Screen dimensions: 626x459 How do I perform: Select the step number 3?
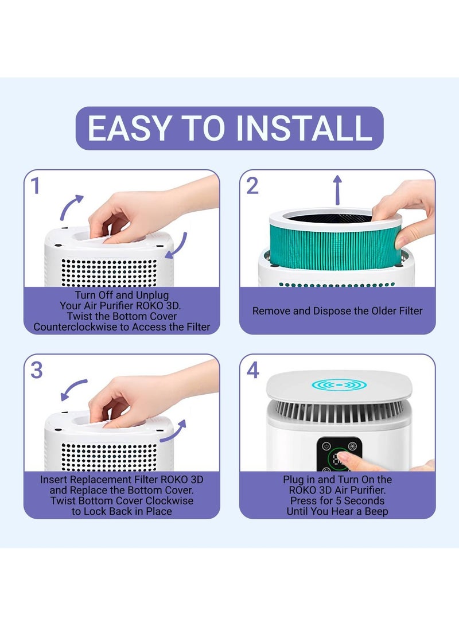click(36, 370)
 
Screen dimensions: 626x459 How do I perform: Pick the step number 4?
click(253, 370)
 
